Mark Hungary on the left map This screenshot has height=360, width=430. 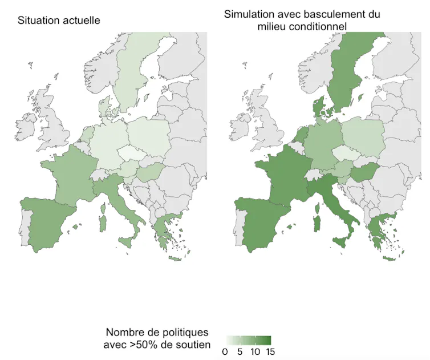pos(151,171)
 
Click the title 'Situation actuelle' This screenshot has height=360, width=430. pos(59,21)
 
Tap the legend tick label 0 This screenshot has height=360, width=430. pos(225,351)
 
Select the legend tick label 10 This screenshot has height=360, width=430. pos(255,351)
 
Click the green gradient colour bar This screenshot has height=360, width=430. pos(249,339)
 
